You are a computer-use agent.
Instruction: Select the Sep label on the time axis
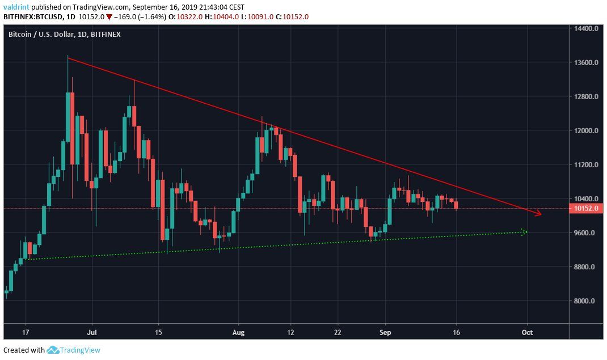[x=386, y=332]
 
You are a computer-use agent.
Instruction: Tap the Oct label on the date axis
[x=528, y=332]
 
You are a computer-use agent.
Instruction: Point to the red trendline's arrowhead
[x=539, y=214]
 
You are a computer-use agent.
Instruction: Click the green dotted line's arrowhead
[x=524, y=231]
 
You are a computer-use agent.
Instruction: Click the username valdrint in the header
[x=16, y=7]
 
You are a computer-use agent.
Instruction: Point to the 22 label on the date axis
[x=338, y=332]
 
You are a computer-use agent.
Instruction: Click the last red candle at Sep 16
[x=456, y=204]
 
